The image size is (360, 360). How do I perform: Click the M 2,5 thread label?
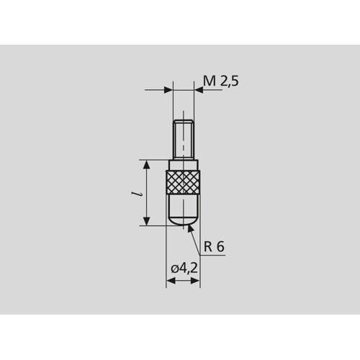click(x=221, y=81)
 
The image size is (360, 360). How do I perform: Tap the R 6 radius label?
click(x=214, y=246)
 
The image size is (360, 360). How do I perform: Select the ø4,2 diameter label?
click(x=184, y=269)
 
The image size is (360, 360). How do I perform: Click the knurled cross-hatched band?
click(x=183, y=182)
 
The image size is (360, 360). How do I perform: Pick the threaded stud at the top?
click(x=184, y=140)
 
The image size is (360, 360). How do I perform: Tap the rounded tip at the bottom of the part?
click(x=183, y=220)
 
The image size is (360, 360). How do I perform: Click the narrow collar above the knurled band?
click(x=184, y=165)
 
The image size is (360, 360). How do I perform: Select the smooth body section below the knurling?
click(x=183, y=204)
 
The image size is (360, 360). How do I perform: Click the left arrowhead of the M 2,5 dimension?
click(x=168, y=90)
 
